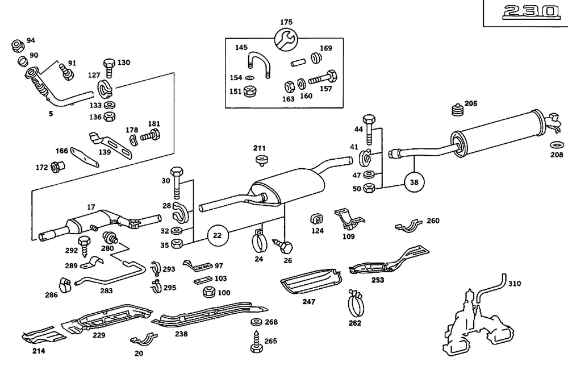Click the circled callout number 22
tap(217, 234)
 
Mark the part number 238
tap(181, 335)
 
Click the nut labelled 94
tap(16, 43)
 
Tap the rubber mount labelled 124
tap(317, 218)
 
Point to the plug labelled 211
tap(261, 161)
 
